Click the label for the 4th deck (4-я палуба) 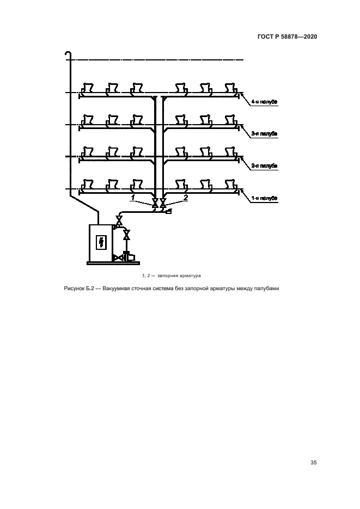pos(265,101)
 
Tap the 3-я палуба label pos(265,133)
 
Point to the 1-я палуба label pos(265,199)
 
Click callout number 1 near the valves pos(133,197)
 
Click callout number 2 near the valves pos(185,197)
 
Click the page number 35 pos(313,463)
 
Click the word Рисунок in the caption pos(73,289)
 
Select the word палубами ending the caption pos(266,289)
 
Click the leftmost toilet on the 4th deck pos(87,88)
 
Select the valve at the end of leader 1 pos(155,204)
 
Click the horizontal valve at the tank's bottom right pos(117,257)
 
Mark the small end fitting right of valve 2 pos(168,211)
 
